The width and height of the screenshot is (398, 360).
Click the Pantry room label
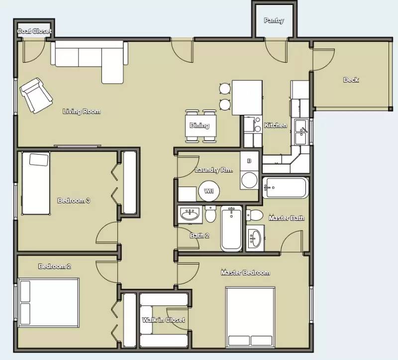click(x=274, y=20)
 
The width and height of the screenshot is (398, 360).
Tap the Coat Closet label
click(x=34, y=31)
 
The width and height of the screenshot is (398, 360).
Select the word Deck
click(x=351, y=80)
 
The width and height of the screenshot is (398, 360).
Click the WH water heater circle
click(x=209, y=191)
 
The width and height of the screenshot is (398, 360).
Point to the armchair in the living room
click(x=36, y=95)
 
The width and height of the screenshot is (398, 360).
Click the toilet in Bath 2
click(x=210, y=214)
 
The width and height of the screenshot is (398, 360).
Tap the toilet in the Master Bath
click(x=254, y=215)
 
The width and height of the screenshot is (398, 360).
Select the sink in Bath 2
click(x=190, y=215)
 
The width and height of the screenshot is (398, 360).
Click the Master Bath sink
click(x=255, y=238)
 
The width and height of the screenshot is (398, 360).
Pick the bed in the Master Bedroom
click(x=250, y=317)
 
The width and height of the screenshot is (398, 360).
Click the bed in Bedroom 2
click(x=48, y=303)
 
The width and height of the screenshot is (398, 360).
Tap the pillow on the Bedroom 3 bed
click(x=39, y=160)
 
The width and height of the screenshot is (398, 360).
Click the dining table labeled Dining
click(x=200, y=126)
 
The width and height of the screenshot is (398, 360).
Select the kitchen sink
click(x=302, y=132)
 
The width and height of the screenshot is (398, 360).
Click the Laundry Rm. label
click(x=214, y=170)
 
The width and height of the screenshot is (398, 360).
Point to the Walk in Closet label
click(x=163, y=320)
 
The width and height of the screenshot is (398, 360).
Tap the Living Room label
click(x=82, y=111)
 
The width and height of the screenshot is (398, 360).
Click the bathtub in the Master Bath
click(x=286, y=188)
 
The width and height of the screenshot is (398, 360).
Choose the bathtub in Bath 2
click(x=231, y=228)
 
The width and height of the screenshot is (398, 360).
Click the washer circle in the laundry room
click(x=249, y=180)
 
